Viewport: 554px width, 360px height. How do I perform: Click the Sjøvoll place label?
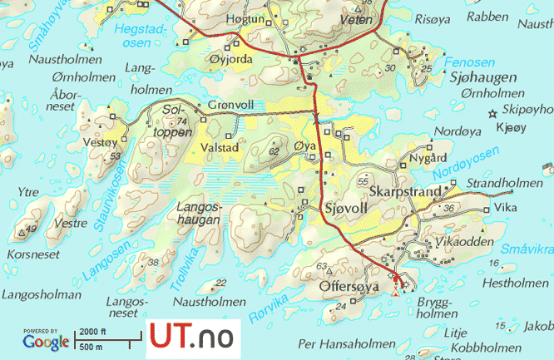[x=347, y=207]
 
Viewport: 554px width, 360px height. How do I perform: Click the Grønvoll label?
[x=231, y=105]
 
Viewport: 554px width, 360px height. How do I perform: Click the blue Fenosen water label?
[x=470, y=63]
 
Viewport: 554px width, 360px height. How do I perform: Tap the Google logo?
[x=46, y=341]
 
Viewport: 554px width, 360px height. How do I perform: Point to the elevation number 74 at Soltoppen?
[x=182, y=121]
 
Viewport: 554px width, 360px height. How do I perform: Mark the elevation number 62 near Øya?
[x=275, y=151]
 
